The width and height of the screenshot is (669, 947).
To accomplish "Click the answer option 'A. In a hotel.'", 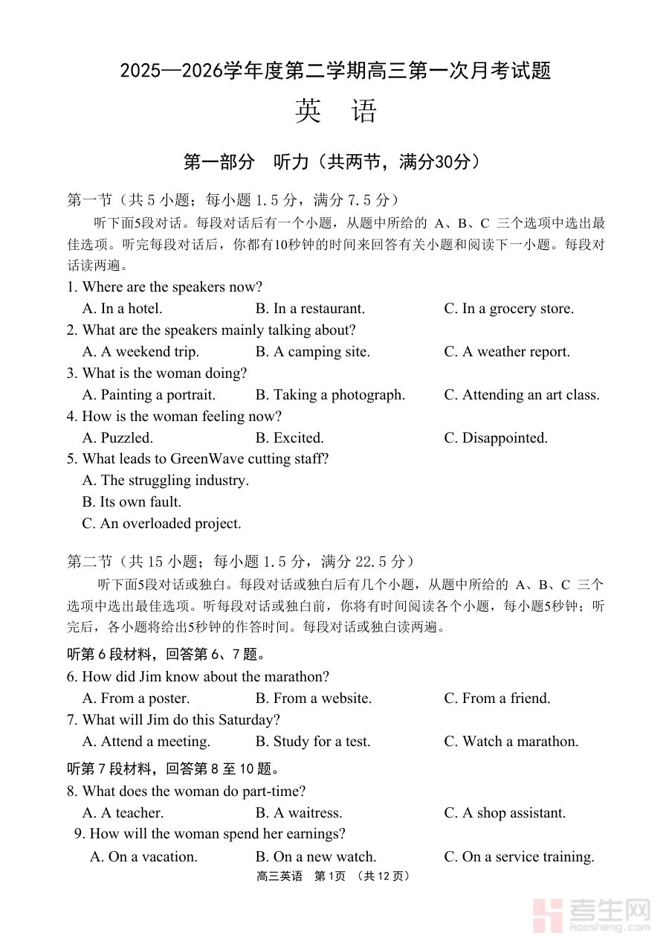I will [x=122, y=308].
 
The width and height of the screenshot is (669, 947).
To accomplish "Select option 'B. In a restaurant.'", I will [x=310, y=308].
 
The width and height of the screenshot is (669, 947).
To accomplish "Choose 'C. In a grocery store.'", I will [x=508, y=308].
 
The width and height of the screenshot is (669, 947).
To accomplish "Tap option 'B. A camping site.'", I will [x=312, y=351].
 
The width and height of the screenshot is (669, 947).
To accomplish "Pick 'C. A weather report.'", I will [x=507, y=351].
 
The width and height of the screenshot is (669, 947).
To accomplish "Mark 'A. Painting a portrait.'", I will [x=149, y=394].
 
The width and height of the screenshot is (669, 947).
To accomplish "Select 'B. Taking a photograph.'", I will [x=330, y=394].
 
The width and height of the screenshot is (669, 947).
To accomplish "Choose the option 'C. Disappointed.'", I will [x=496, y=437].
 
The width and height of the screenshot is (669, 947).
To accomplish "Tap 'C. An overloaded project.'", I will [x=161, y=523].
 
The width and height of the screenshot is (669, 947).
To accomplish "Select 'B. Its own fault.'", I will [x=132, y=501].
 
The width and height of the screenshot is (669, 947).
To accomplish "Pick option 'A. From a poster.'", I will [x=135, y=698].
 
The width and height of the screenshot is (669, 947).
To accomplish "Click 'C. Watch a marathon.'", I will [x=511, y=741].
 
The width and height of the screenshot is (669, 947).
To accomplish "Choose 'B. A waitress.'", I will [x=299, y=812].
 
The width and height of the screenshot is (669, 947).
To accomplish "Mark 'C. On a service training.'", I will [x=519, y=856].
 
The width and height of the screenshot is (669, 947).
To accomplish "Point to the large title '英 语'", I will [x=335, y=111].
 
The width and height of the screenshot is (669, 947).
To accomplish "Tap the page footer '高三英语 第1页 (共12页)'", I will [x=334, y=876].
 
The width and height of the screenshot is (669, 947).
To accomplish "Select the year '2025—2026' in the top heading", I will [x=170, y=71].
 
